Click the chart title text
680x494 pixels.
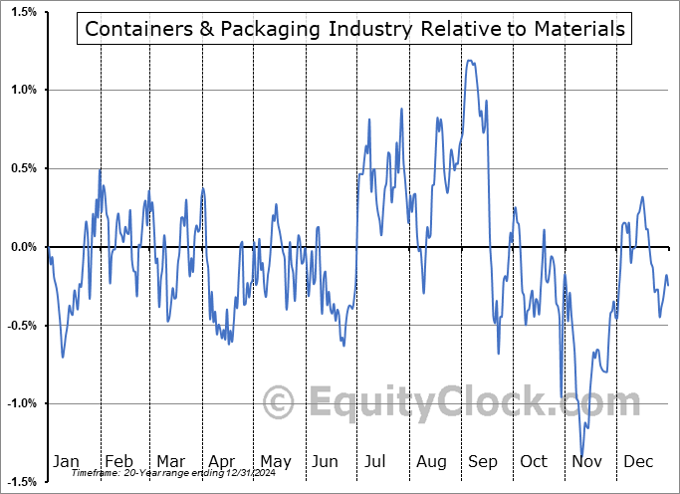point(354,29)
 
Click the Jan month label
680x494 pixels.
point(67,462)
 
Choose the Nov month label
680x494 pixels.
point(586,462)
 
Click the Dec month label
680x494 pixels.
point(638,462)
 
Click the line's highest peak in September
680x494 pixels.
point(470,61)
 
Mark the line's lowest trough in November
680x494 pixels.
point(581,456)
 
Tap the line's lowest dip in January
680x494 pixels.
point(63,358)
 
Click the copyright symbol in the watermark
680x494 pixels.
point(280,402)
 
